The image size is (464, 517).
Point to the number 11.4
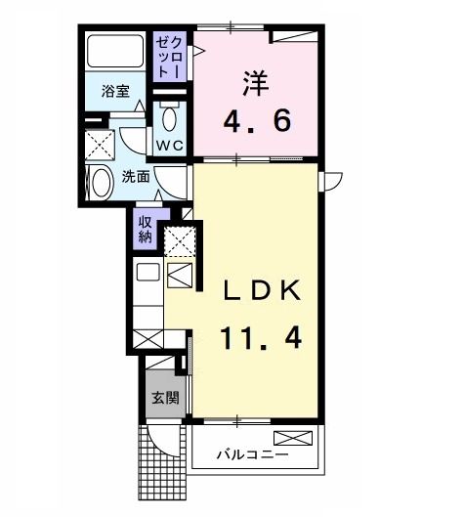tap(259, 338)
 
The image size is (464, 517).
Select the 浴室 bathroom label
tap(115, 92)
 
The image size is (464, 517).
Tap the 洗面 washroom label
tap(135, 177)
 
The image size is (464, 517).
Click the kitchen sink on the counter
tap(148, 274)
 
